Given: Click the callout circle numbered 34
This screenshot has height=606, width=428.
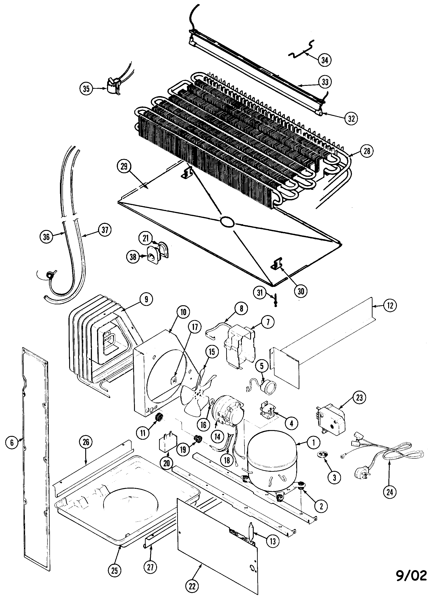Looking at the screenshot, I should [325, 60].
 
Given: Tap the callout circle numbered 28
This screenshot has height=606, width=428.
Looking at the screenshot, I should [367, 151].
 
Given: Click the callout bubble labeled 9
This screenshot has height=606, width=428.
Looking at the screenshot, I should [146, 299].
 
